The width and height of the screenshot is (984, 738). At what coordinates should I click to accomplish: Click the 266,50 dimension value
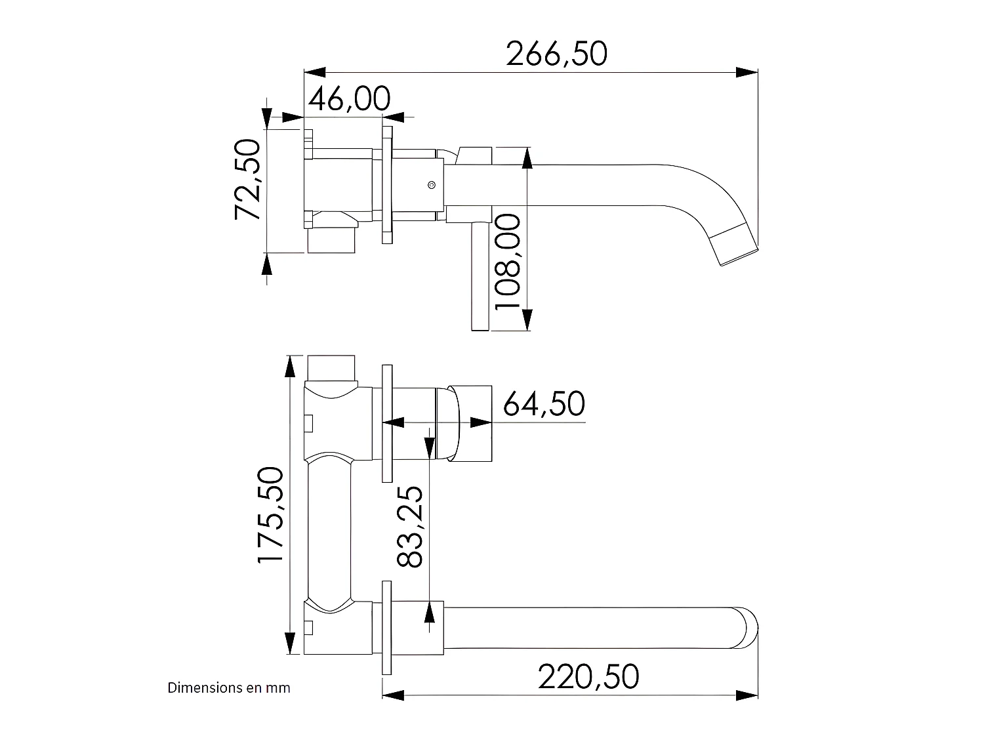click(556, 54)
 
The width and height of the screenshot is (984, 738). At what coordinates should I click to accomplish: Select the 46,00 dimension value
click(349, 99)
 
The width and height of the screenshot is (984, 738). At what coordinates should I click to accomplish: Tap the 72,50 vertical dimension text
click(249, 179)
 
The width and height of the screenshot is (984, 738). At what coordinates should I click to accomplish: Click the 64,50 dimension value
click(544, 404)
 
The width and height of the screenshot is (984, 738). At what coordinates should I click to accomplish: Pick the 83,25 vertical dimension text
click(411, 526)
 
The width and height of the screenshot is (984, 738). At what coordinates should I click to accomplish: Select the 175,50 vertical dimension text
click(270, 514)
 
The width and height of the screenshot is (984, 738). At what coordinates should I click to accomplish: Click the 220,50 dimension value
click(588, 677)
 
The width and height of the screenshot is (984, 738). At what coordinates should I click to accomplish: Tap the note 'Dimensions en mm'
click(229, 687)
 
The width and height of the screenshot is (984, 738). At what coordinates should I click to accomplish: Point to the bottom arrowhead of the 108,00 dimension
click(527, 320)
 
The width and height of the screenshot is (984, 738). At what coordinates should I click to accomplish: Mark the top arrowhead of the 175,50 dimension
click(289, 366)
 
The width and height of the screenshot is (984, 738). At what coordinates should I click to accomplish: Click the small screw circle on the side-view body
click(431, 186)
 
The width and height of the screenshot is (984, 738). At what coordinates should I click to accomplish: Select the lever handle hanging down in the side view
click(480, 276)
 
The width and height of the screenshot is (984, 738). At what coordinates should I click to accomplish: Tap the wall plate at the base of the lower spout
click(387, 628)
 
